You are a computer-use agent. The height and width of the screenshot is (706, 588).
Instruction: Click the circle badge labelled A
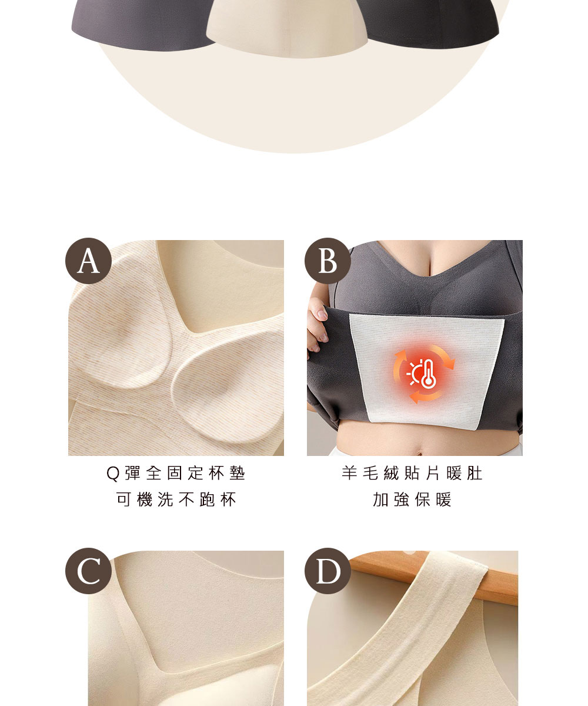coord(88,261)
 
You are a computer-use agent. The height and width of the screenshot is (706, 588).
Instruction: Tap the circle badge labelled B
coord(328,261)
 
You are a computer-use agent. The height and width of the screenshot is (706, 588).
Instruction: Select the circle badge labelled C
coord(88,571)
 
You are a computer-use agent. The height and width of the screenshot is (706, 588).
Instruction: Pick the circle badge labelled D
coord(328,571)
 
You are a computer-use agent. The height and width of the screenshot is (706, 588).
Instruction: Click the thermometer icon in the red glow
coord(429,374)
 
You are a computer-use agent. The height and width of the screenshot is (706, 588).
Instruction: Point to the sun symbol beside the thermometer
coord(415,373)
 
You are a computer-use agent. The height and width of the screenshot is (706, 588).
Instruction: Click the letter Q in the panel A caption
coord(113,474)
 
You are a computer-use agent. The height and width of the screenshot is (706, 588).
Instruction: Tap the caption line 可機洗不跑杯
coord(176,499)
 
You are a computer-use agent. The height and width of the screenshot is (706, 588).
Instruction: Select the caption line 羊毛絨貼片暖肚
coord(412,473)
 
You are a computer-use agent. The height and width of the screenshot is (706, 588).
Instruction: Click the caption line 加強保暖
coord(412,499)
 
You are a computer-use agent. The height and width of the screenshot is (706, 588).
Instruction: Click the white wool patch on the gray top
coord(426,372)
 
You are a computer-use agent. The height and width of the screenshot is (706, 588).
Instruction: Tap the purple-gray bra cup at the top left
coord(142,24)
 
